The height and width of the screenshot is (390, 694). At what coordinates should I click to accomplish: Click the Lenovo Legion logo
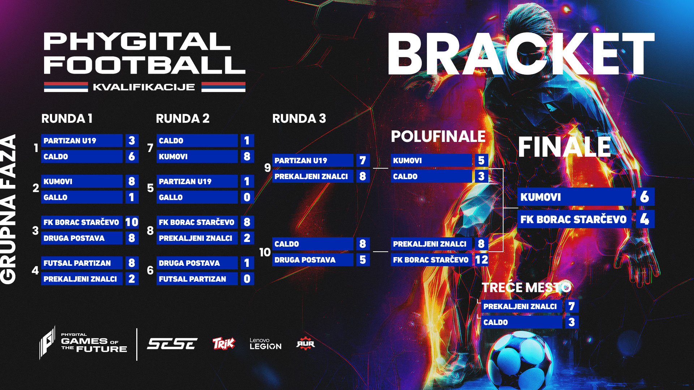tap(265, 344)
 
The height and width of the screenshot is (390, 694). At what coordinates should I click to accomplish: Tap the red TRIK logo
tap(223, 343)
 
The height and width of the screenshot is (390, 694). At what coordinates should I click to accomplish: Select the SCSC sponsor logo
tap(172, 344)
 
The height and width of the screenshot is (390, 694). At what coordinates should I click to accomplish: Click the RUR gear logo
tap(305, 344)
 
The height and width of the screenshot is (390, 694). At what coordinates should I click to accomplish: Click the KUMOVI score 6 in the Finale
tap(644, 197)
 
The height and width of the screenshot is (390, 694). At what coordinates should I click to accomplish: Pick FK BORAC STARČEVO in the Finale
tap(574, 219)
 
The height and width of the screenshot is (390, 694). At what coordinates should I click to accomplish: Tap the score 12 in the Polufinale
tap(481, 260)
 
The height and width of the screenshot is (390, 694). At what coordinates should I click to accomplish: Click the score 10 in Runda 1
tap(132, 222)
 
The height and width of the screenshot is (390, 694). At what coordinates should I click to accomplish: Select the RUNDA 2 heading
tap(183, 118)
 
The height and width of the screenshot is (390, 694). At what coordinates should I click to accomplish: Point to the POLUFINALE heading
tap(438, 136)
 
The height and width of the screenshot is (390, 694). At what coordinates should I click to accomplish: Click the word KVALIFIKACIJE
tap(144, 87)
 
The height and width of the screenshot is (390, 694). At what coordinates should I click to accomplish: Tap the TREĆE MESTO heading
tap(526, 287)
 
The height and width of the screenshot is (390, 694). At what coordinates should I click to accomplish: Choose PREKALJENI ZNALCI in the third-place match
tap(520, 306)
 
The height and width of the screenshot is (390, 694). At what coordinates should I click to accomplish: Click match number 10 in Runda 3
tap(265, 252)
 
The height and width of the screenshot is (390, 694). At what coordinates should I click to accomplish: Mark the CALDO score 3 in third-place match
tap(571, 322)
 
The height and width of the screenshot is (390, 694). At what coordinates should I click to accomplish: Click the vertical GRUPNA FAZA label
tap(9, 209)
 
